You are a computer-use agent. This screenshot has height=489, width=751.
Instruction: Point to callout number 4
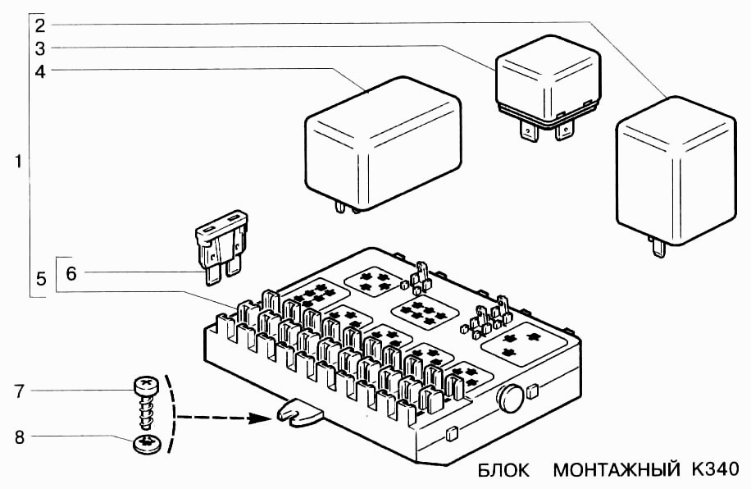point(40,71)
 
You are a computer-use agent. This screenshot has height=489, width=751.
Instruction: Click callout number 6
point(71,272)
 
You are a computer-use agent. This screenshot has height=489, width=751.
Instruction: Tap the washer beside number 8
point(146,446)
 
